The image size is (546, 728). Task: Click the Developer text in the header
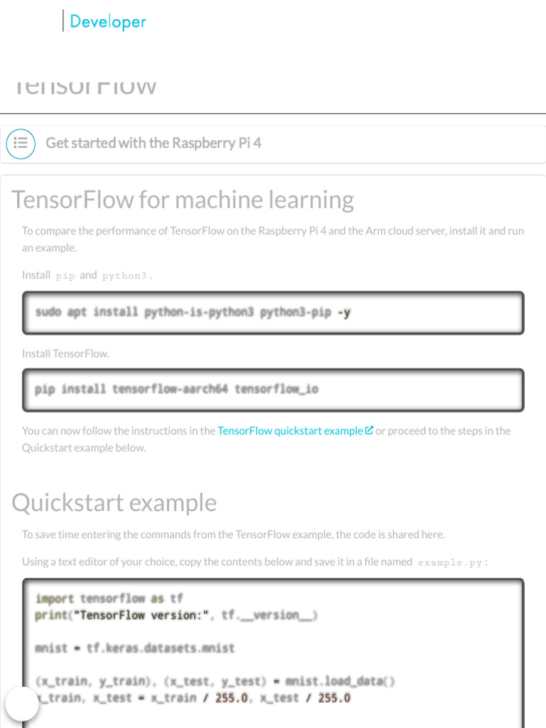coord(107,22)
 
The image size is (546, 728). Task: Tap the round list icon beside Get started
coord(21,144)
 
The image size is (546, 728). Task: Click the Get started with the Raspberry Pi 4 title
coord(154,143)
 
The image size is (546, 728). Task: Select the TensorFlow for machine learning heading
coord(183,200)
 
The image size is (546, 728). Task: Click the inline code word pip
coord(65,276)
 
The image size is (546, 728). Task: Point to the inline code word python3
coord(125,276)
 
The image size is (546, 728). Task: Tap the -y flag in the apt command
coord(343,312)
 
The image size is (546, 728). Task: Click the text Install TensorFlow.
coord(65,353)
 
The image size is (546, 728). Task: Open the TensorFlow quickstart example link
coord(290,431)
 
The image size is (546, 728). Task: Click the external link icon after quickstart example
coord(369,431)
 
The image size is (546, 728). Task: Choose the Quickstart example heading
coord(114,503)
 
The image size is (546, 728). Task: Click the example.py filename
coord(450,562)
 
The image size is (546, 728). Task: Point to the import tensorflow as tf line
coord(109,599)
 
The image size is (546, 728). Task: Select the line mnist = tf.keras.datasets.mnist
coord(134,648)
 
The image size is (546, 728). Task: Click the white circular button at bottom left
coord(22,703)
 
